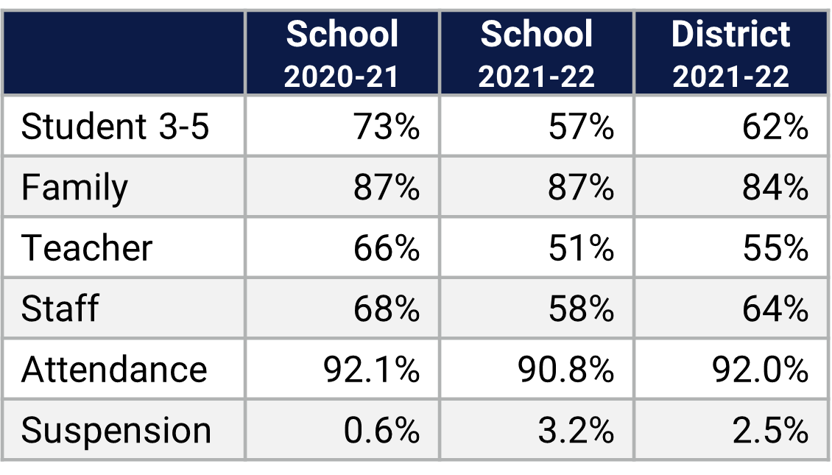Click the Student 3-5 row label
click(116, 127)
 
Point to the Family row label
click(74, 187)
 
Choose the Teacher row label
click(87, 248)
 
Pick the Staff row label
click(60, 309)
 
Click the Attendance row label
click(114, 369)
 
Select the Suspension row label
click(116, 430)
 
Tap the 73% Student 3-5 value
click(387, 127)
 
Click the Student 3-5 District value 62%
click(775, 127)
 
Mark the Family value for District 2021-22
click(775, 187)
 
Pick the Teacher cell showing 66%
click(387, 248)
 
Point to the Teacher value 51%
click(581, 248)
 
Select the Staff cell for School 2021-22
click(581, 309)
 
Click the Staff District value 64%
click(775, 309)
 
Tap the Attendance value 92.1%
click(371, 369)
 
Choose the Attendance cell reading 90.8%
click(565, 369)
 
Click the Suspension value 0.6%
click(381, 430)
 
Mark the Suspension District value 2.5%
click(770, 430)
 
